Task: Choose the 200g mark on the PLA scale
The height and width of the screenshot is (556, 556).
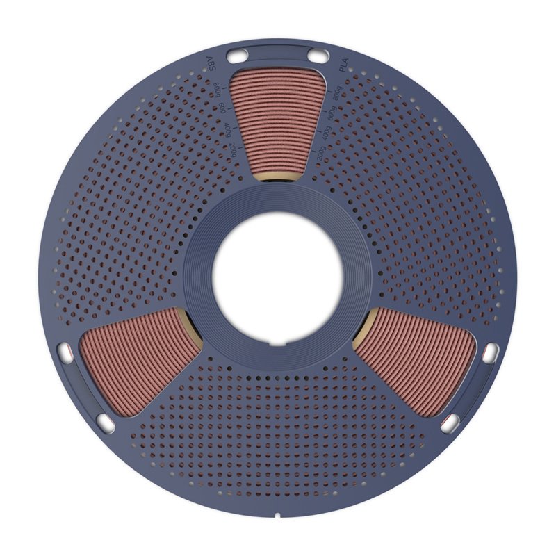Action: click(320, 154)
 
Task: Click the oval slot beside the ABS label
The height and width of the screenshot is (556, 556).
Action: click(238, 55)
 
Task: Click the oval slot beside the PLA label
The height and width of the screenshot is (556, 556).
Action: click(317, 55)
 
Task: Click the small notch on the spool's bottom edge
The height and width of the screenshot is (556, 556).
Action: click(277, 516)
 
